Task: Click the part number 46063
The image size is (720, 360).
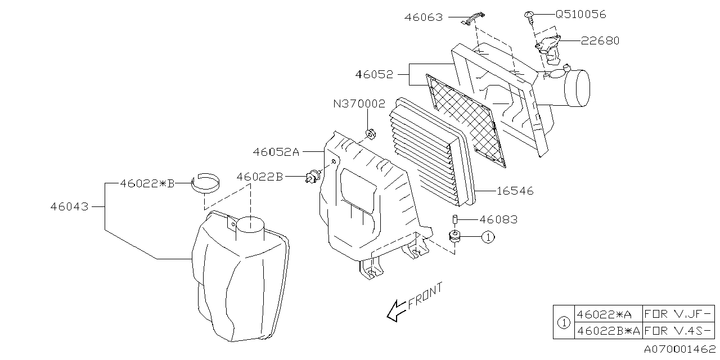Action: point(424,17)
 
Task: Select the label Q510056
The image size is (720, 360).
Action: point(580,15)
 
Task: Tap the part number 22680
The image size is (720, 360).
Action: point(600,40)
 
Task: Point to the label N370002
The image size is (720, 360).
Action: point(359,104)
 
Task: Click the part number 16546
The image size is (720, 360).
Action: point(515,191)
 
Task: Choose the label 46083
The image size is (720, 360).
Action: point(498,219)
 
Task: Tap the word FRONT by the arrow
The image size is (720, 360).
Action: point(425,296)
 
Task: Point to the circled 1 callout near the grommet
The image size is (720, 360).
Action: point(488,237)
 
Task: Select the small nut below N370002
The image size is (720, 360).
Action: point(370,134)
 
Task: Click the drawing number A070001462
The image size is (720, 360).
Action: point(679,349)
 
